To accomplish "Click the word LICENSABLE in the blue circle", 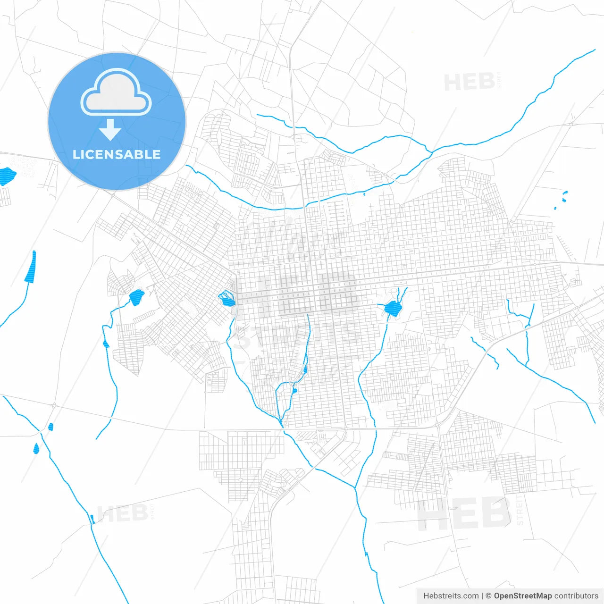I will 117,154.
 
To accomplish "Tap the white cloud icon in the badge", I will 116,93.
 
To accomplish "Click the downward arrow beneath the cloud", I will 110,130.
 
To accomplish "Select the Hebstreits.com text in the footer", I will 451,596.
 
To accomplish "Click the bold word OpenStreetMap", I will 522,596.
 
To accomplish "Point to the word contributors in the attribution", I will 576,596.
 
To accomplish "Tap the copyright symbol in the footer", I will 488,596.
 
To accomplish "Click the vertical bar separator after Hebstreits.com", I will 482,596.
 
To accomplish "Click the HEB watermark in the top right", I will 470,82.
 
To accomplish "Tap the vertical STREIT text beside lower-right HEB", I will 520,510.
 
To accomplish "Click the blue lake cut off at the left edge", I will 7,176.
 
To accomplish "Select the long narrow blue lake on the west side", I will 31,267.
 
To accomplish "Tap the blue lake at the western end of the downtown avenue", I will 227,299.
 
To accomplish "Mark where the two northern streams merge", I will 430,152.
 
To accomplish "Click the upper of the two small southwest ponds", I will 50,427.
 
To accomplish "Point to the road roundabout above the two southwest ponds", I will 55,405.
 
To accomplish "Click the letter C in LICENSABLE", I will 90,154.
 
